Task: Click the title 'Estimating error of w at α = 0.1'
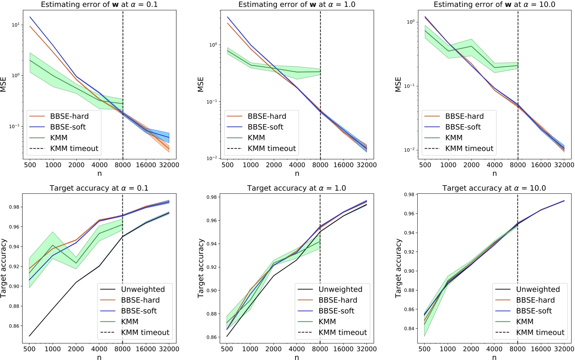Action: [99, 4]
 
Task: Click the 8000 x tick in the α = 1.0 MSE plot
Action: [320, 165]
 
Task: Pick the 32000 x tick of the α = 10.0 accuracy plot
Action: [564, 349]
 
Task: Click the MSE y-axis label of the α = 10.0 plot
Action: [398, 84]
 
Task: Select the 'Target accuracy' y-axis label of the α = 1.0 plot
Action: [201, 268]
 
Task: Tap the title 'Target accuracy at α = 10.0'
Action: [494, 188]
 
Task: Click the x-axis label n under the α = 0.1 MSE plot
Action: [100, 173]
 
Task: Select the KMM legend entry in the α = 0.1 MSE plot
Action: [59, 138]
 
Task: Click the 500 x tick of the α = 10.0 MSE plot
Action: [425, 165]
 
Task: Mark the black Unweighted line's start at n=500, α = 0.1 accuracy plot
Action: [30, 336]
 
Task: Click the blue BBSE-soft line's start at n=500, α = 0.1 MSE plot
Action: [30, 17]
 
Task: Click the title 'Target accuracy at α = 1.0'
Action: [296, 188]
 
